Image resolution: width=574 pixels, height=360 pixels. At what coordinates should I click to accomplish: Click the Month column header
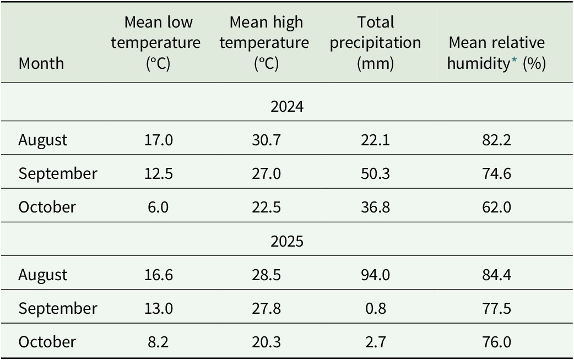tap(41, 63)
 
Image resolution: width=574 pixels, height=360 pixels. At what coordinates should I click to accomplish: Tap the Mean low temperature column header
tap(156, 43)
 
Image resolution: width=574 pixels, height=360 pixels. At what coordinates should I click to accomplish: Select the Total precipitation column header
tap(375, 43)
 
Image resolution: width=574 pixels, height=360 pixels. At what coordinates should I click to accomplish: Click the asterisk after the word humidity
tap(514, 60)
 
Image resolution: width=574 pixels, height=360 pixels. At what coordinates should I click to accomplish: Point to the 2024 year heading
tap(287, 106)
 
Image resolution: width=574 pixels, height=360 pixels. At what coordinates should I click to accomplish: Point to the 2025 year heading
tap(287, 242)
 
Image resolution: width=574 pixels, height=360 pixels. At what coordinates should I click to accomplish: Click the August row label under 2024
tap(43, 140)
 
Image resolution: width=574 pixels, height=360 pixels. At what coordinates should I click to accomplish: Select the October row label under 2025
tap(47, 342)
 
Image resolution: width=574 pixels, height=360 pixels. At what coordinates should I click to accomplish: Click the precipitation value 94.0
tap(375, 275)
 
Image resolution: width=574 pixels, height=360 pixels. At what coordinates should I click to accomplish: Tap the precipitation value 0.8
tap(375, 308)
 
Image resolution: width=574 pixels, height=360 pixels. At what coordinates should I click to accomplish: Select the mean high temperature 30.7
tap(266, 140)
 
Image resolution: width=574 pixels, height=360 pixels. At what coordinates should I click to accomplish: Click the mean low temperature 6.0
tap(158, 208)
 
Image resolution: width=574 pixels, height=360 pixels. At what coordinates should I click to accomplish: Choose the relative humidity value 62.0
tap(496, 208)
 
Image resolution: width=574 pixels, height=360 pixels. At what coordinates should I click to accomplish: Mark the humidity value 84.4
tap(496, 275)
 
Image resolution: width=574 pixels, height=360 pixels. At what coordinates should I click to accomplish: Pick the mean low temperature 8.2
tap(158, 342)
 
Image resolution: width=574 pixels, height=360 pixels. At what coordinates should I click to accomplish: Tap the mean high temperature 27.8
tap(266, 308)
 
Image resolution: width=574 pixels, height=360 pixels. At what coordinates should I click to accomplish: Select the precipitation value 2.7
tap(375, 342)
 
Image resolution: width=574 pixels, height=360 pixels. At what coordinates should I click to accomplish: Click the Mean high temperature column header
tap(264, 43)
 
